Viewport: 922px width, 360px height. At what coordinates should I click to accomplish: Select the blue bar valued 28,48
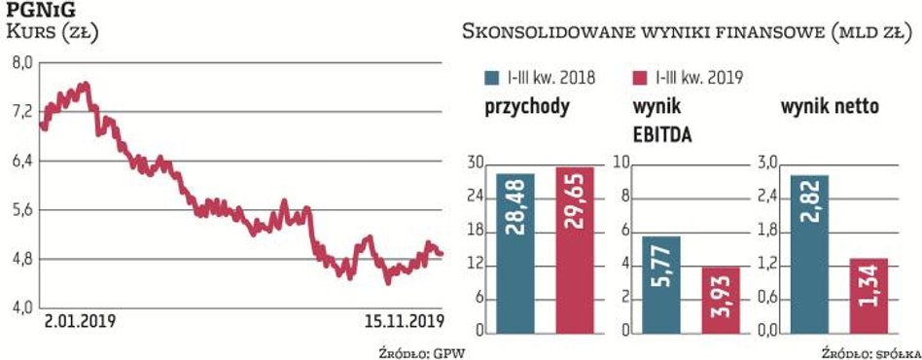(x=515, y=253)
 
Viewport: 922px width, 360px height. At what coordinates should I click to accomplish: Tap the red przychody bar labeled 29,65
(x=574, y=250)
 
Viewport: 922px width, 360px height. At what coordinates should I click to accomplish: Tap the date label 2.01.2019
(x=81, y=321)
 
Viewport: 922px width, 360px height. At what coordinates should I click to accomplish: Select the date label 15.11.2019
(x=400, y=321)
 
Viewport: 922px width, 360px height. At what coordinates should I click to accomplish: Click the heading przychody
(x=526, y=107)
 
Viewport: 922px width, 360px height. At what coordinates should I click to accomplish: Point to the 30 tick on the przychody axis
(x=477, y=163)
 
